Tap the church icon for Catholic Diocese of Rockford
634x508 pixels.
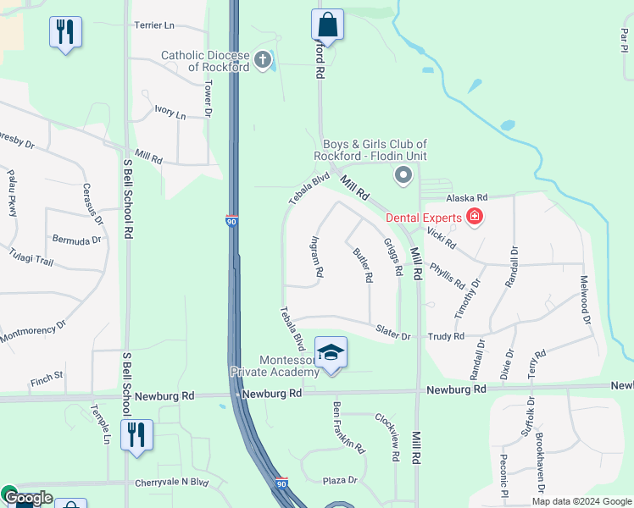tap(263, 60)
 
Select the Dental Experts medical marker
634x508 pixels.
tap(475, 218)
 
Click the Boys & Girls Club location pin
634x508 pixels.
tap(403, 175)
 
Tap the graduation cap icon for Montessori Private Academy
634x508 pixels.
tap(331, 351)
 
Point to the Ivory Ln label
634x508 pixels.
tap(170, 112)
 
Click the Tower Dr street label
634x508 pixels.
tap(208, 98)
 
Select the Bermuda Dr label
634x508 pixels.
tap(76, 240)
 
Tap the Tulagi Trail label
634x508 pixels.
tap(31, 261)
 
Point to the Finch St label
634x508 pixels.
tap(47, 374)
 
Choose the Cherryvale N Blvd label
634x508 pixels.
tap(171, 483)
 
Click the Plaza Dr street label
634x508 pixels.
tap(340, 480)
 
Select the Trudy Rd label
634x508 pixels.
tap(447, 336)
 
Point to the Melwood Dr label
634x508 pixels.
tap(584, 300)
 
